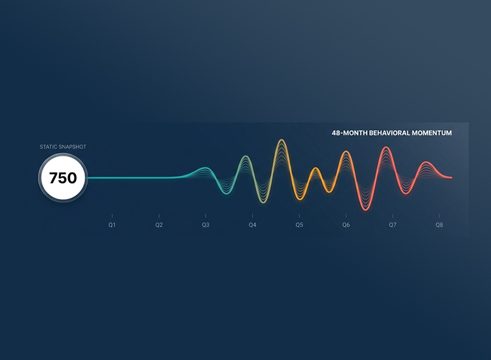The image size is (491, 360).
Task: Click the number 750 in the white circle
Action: pyautogui.click(x=63, y=178)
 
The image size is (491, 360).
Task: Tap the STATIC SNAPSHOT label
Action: pyautogui.click(x=63, y=147)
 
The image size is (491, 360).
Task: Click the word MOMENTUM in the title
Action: pyautogui.click(x=431, y=133)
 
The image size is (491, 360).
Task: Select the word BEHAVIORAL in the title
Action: pyautogui.click(x=390, y=133)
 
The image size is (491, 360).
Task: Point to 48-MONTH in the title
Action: pyautogui.click(x=350, y=133)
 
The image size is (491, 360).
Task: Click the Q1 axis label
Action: pyautogui.click(x=112, y=225)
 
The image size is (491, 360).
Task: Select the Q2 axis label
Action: pyautogui.click(x=159, y=225)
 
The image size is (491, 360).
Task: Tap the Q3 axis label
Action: pyautogui.click(x=206, y=225)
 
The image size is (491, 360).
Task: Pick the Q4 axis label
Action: pyautogui.click(x=253, y=225)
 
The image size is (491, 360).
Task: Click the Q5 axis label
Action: pyautogui.click(x=299, y=225)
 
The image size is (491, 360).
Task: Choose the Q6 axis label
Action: pyautogui.click(x=346, y=225)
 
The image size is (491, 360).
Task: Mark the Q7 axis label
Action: pyautogui.click(x=393, y=225)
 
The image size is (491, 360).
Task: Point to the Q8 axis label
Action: pyautogui.click(x=439, y=225)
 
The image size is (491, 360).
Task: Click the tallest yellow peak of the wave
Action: pyautogui.click(x=282, y=140)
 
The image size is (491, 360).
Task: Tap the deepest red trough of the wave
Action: pyautogui.click(x=365, y=209)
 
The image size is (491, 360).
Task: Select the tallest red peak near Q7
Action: pyautogui.click(x=386, y=147)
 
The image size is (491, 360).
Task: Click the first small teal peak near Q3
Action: pyautogui.click(x=205, y=168)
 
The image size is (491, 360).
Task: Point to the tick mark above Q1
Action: pyautogui.click(x=112, y=216)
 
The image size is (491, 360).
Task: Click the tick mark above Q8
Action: pyautogui.click(x=439, y=216)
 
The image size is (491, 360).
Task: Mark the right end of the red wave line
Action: pyautogui.click(x=452, y=177)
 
